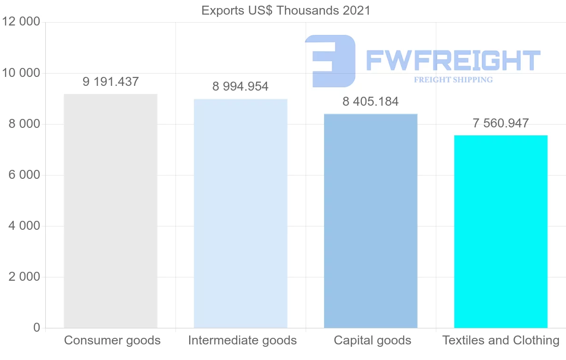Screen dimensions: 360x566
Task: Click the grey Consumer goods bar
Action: (x=110, y=211)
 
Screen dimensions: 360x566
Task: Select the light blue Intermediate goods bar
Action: (x=241, y=213)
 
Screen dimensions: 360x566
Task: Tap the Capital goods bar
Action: (x=371, y=221)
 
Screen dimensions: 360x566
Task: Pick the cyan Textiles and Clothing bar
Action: (x=501, y=231)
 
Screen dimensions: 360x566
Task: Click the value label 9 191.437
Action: (x=111, y=82)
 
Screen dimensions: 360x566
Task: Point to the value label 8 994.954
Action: (x=241, y=87)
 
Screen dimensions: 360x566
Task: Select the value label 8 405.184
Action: (x=371, y=101)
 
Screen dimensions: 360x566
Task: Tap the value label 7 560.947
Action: (x=501, y=123)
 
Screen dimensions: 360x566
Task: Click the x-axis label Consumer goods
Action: (x=112, y=340)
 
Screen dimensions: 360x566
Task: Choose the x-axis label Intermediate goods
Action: (x=242, y=340)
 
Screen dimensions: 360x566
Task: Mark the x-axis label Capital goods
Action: (x=373, y=340)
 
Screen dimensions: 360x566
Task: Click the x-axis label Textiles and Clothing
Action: (x=501, y=340)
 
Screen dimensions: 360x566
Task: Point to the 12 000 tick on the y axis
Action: (x=21, y=22)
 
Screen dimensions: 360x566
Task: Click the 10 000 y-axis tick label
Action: (x=21, y=73)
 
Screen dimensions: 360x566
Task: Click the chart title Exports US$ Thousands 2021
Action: (x=286, y=10)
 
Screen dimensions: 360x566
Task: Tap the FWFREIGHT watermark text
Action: (x=453, y=61)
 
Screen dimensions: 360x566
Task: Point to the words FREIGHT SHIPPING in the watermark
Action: (x=453, y=80)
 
